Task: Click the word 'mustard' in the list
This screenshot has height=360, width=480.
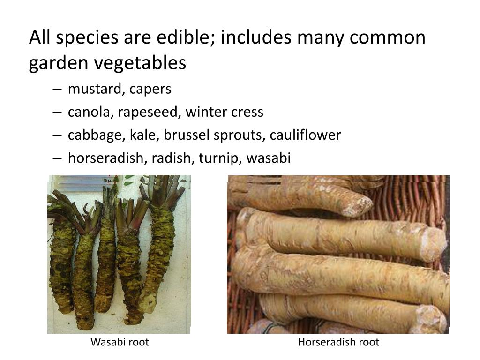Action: point(94,89)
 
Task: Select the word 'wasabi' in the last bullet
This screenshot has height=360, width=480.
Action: point(269,158)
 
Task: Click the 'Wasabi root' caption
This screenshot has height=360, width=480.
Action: point(120,342)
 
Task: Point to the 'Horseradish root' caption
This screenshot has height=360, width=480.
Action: point(338,342)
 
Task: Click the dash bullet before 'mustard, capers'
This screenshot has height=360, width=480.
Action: point(57,89)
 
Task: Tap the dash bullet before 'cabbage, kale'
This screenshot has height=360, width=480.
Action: point(57,135)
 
